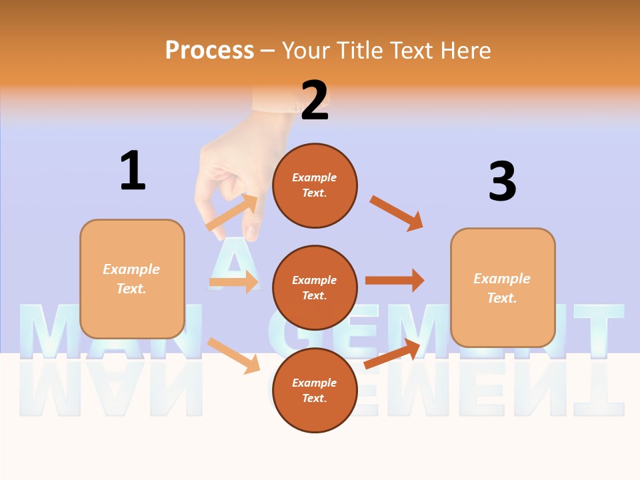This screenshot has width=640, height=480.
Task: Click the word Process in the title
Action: pos(209,51)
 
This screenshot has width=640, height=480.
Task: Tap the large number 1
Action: pos(133,171)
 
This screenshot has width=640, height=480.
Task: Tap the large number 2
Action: pos(315,101)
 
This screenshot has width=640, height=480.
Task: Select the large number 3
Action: pos(502,182)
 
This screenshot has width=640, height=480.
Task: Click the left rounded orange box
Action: pos(132,279)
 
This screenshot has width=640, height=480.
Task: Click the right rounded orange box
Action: pos(503,287)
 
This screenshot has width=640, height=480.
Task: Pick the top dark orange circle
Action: pos(315,185)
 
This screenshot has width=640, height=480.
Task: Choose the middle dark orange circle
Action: pos(315,287)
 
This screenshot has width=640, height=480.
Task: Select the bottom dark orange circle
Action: pos(315,390)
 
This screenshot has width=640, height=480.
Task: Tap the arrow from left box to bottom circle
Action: pos(234,355)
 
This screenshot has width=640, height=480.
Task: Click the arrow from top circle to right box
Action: pos(397,213)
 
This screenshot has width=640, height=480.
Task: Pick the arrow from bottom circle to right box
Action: pos(393,354)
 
